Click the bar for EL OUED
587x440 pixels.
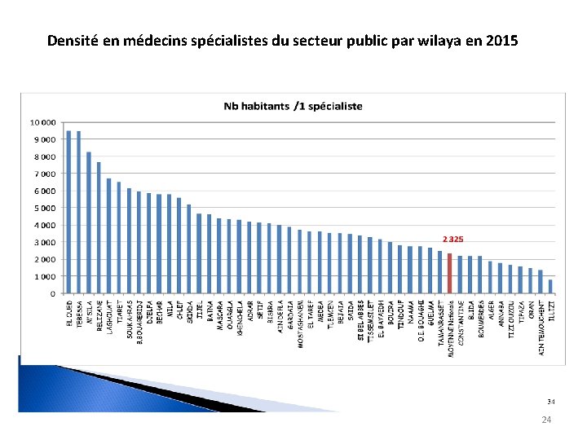(x=69, y=212)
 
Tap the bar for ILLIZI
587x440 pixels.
(x=550, y=287)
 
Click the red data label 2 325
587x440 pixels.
(x=453, y=240)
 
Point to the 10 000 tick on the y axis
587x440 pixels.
(x=43, y=122)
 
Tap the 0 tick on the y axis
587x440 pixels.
(x=53, y=293)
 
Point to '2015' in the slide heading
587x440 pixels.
(x=501, y=39)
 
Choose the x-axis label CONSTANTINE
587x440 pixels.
(x=460, y=322)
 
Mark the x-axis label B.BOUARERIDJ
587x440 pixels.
(x=139, y=321)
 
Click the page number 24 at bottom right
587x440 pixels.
(x=547, y=420)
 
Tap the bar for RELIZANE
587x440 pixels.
(x=99, y=228)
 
